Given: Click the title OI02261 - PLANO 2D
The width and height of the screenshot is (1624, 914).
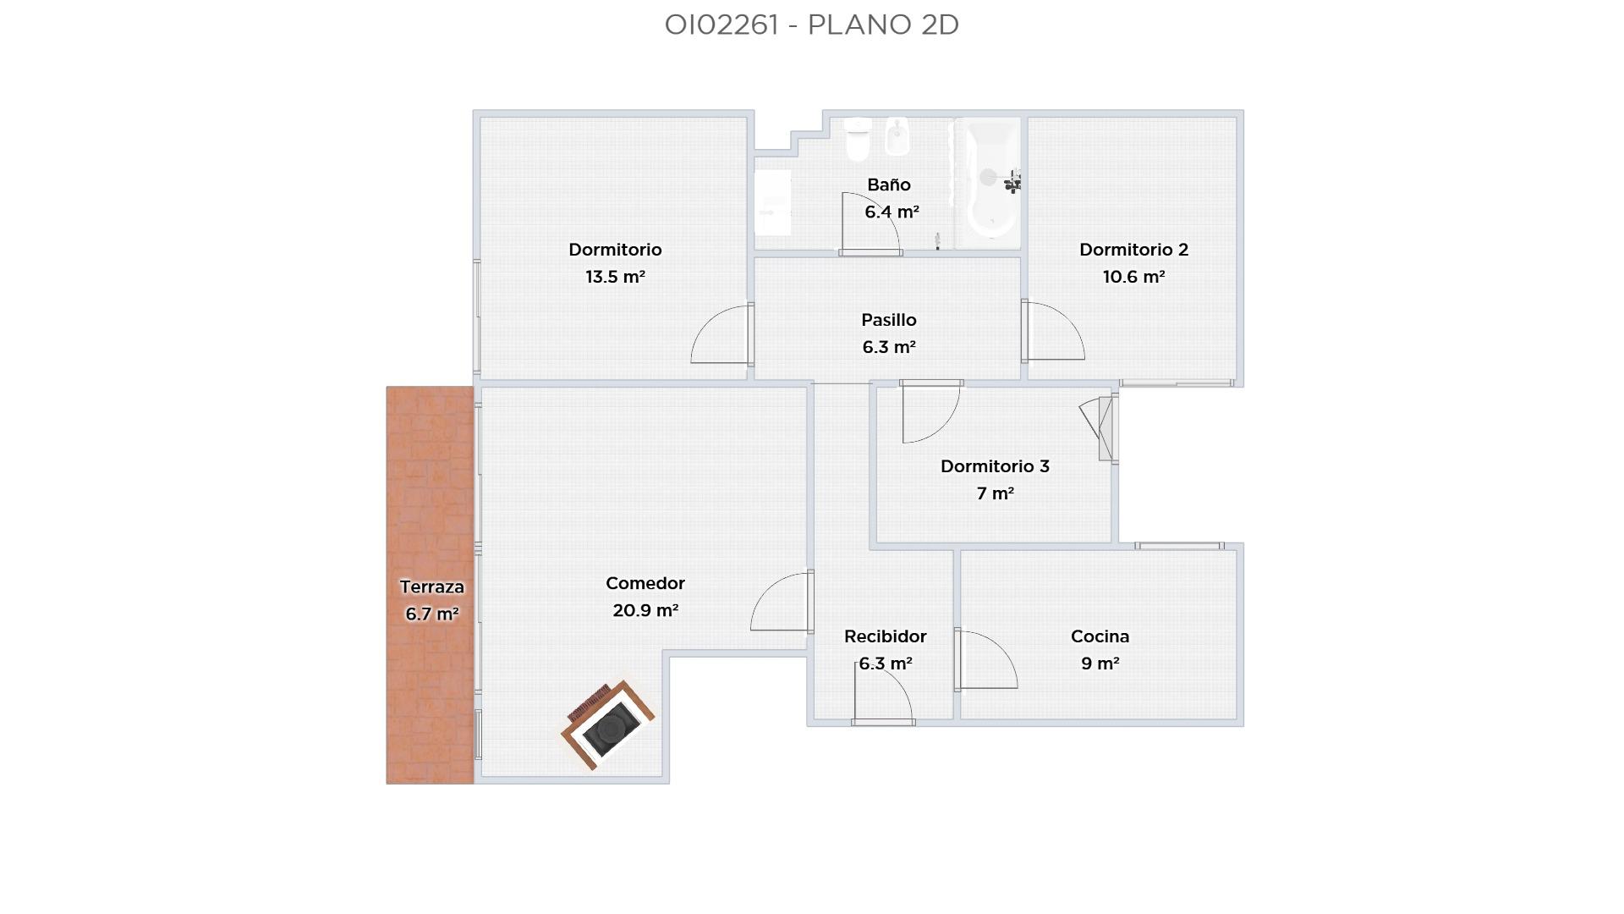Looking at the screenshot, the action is (811, 25).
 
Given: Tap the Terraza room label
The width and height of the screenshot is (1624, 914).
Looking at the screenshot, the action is (431, 586).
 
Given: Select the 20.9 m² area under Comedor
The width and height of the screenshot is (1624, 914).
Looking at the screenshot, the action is (645, 610).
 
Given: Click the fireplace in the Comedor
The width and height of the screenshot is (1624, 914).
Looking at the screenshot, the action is (607, 724).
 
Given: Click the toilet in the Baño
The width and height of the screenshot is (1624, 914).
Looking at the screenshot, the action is (858, 139).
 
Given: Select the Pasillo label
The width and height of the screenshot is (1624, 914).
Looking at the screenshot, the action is (888, 320).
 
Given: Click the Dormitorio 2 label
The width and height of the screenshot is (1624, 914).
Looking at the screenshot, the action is (1133, 250).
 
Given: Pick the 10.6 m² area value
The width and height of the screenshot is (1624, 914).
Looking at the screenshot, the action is (1133, 277).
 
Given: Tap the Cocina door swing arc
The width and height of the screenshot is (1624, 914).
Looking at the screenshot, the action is (1001, 650).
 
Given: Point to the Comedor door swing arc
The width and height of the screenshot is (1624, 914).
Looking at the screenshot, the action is (767, 590).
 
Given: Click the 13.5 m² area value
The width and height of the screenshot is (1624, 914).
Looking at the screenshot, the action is (615, 277).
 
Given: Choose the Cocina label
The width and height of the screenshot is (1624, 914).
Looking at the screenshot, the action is (1100, 636).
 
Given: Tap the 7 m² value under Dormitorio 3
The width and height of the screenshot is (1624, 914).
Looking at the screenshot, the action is (995, 493).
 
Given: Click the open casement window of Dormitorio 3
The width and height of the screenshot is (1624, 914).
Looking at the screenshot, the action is (1099, 428).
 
